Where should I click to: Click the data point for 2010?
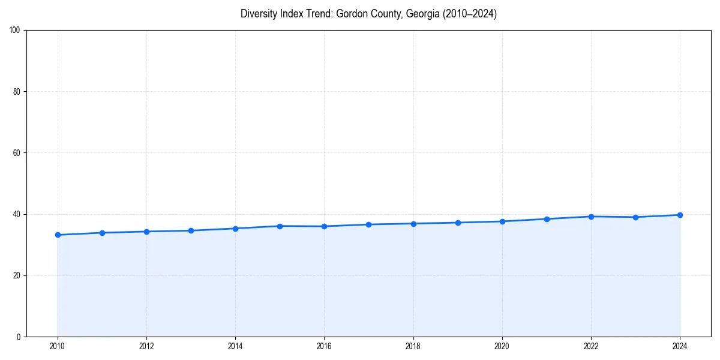58,235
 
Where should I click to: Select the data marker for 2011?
102,233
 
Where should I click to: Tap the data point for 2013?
191,230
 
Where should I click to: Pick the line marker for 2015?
280,226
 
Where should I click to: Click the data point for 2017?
368,224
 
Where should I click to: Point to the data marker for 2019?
458,223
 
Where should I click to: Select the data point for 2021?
547,219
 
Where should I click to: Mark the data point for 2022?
591,217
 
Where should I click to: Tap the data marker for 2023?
635,217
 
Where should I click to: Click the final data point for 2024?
680,215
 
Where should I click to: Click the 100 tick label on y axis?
15,30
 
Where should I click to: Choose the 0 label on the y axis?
19,337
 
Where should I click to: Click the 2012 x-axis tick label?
146,346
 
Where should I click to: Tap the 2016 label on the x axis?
324,346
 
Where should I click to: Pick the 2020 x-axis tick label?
502,346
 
